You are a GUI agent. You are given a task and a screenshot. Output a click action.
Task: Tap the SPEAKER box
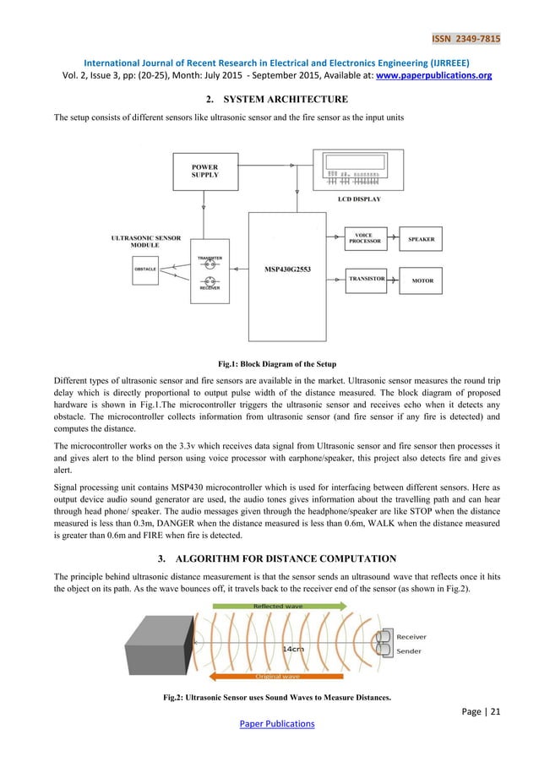coord(422,240)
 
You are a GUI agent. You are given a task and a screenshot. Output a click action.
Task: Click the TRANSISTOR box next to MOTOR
coord(367,279)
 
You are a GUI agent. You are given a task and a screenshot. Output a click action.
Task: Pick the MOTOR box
coord(422,280)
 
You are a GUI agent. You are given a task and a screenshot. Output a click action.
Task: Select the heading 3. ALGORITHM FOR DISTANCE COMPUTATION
coord(269,555)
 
